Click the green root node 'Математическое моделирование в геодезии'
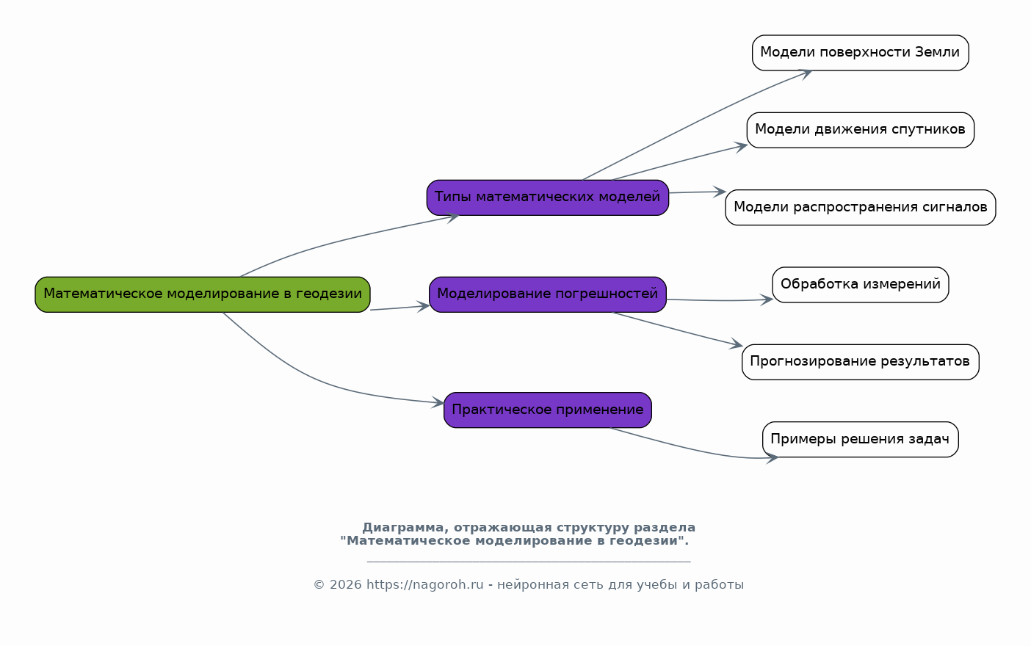pos(203,294)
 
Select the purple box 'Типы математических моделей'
pos(548,197)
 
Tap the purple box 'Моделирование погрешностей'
pos(548,294)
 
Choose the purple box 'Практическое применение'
pos(548,410)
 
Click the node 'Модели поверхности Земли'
pos(860,53)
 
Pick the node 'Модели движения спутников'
pos(860,130)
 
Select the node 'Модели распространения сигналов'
pos(860,208)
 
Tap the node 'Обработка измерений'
pos(860,285)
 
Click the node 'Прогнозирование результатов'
pos(860,362)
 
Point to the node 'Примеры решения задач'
pos(860,440)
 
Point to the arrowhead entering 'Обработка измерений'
pos(767,299)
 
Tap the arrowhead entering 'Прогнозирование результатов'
pos(737,345)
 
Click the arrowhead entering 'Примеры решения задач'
pos(773,459)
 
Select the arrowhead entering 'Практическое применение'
pos(439,402)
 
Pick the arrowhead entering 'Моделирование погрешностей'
pos(424,306)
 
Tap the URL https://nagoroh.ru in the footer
pos(424,585)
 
